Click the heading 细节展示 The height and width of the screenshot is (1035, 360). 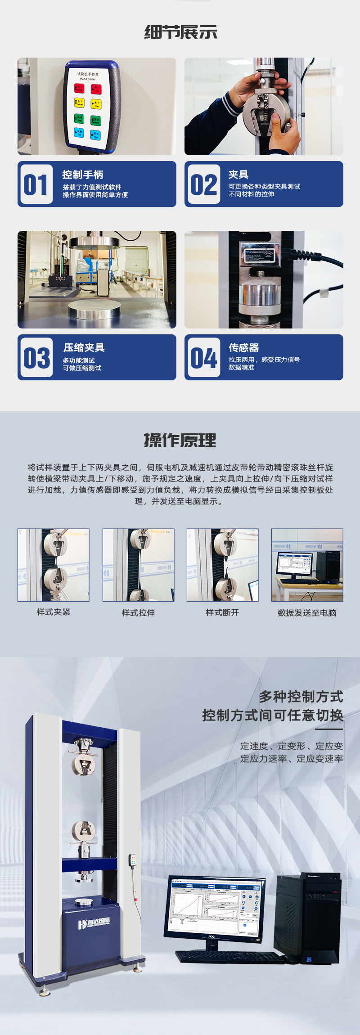click(180, 32)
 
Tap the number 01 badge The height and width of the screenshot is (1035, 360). click(36, 184)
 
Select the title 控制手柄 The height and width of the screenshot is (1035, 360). click(83, 175)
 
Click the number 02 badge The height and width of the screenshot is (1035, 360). click(203, 184)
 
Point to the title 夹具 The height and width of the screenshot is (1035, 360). click(238, 175)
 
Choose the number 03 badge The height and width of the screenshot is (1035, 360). click(36, 358)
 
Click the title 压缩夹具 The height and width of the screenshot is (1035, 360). click(84, 347)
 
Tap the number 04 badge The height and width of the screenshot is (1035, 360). click(203, 358)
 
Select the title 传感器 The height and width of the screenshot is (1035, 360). click(243, 347)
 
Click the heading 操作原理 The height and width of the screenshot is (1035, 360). click(180, 440)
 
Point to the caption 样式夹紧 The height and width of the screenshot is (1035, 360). click(54, 612)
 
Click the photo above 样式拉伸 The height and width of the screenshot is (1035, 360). click(138, 565)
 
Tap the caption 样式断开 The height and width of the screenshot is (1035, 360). click(222, 612)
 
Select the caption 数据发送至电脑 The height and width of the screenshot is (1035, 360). click(307, 612)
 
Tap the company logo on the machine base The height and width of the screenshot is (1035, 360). click(94, 924)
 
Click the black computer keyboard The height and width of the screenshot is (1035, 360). click(229, 957)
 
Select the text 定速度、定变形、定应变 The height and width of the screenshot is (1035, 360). click(291, 746)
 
